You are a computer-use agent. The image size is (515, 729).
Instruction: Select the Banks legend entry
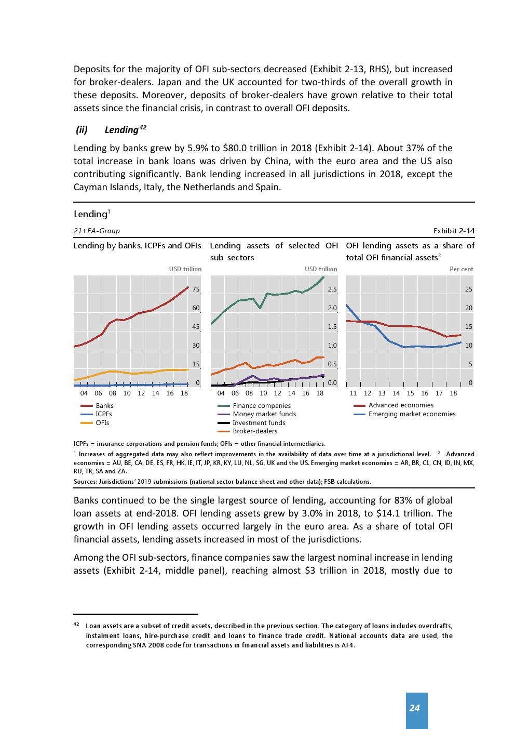(x=104, y=406)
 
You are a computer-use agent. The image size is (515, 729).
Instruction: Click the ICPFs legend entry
(x=103, y=414)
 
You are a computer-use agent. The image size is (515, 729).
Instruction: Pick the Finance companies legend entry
(x=261, y=406)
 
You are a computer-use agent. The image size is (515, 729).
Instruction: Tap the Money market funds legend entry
(x=264, y=414)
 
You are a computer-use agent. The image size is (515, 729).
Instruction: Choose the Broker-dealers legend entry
(x=254, y=431)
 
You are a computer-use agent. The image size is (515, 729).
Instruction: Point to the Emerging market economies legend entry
(x=412, y=414)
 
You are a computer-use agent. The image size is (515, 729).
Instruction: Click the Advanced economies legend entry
(x=401, y=405)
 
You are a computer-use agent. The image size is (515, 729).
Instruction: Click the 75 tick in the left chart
(x=196, y=289)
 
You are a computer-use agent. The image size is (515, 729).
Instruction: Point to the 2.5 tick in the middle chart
(x=332, y=289)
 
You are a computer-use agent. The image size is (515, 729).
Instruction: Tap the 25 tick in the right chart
(x=468, y=289)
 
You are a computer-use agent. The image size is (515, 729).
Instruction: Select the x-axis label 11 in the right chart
(x=353, y=393)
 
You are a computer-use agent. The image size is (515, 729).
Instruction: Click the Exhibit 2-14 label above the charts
(x=454, y=231)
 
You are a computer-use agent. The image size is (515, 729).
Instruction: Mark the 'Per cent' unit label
(x=461, y=269)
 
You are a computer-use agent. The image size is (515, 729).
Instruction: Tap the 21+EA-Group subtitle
(x=97, y=231)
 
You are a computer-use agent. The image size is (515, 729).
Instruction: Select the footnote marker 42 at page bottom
(x=76, y=625)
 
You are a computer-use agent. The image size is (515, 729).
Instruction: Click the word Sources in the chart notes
(x=85, y=482)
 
